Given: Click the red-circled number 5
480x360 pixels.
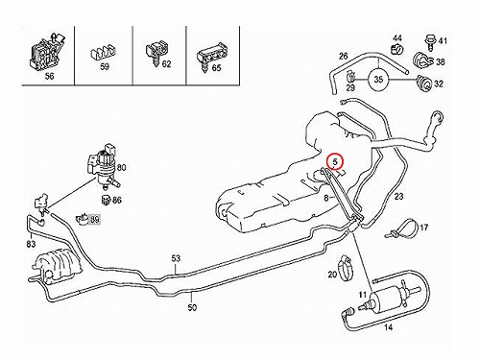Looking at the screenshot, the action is (x=335, y=161).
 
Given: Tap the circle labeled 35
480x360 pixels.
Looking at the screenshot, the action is (x=378, y=79).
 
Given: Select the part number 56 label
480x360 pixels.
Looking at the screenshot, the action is (x=50, y=76).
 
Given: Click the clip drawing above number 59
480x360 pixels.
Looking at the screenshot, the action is (x=102, y=53).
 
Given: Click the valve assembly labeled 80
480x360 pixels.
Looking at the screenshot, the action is (x=104, y=166).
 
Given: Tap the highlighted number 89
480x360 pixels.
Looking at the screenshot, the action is (x=95, y=220).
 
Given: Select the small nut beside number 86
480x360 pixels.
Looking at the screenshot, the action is (x=106, y=201).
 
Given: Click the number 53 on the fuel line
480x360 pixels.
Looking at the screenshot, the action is (x=176, y=258).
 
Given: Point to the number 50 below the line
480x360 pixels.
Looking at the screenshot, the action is (x=192, y=307).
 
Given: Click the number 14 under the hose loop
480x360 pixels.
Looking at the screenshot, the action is (x=388, y=327).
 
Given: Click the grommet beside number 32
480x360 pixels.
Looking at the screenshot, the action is (x=424, y=84).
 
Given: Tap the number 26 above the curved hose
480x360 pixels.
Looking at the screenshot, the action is (x=344, y=57).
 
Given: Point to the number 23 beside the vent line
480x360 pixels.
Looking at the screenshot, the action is (x=398, y=196).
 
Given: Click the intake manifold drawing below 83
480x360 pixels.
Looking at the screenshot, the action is (x=55, y=267).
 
